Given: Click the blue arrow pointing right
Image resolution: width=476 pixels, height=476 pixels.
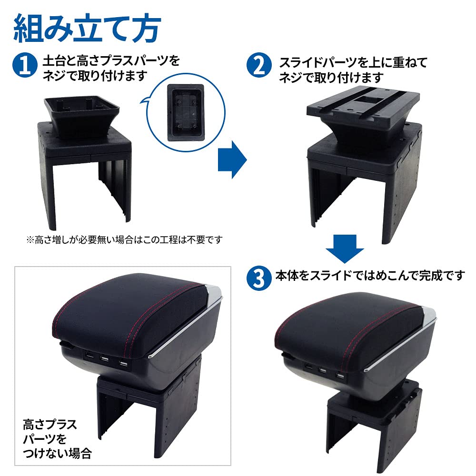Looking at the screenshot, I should [232, 159].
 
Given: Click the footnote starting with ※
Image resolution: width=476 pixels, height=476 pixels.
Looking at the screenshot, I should [124, 239].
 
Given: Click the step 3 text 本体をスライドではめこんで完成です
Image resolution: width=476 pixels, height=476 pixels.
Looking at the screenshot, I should [369, 276].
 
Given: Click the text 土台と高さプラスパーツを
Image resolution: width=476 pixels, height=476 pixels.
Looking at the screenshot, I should [111, 61].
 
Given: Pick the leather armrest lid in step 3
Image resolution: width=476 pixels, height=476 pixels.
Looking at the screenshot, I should [350, 331].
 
